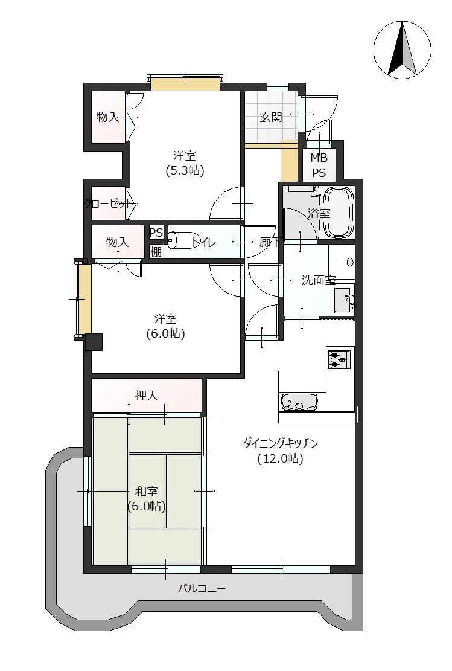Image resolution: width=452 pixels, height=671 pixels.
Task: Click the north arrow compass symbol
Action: (402, 50)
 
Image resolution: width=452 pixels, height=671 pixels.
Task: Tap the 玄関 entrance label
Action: (271, 117)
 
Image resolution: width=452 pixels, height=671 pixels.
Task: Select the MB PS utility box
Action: (319, 165)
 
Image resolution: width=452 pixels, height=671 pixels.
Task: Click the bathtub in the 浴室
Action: (339, 212)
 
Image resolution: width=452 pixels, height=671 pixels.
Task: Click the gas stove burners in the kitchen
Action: (339, 359)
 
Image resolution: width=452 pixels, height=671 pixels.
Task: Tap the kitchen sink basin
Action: (299, 402)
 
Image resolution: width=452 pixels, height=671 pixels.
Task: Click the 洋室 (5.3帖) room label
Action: (185, 163)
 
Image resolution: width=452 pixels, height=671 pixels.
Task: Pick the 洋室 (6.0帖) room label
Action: (165, 326)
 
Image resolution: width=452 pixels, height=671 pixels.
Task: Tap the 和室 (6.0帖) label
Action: (147, 499)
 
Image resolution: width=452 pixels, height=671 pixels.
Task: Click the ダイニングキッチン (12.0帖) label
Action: (281, 451)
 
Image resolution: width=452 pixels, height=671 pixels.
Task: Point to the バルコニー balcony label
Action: (202, 589)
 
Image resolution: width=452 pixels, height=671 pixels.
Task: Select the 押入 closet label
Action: (146, 396)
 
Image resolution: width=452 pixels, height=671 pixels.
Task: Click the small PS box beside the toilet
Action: (156, 233)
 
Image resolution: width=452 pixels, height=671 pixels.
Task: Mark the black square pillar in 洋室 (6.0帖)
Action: (94, 342)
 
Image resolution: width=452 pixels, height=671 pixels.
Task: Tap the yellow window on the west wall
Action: (84, 299)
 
